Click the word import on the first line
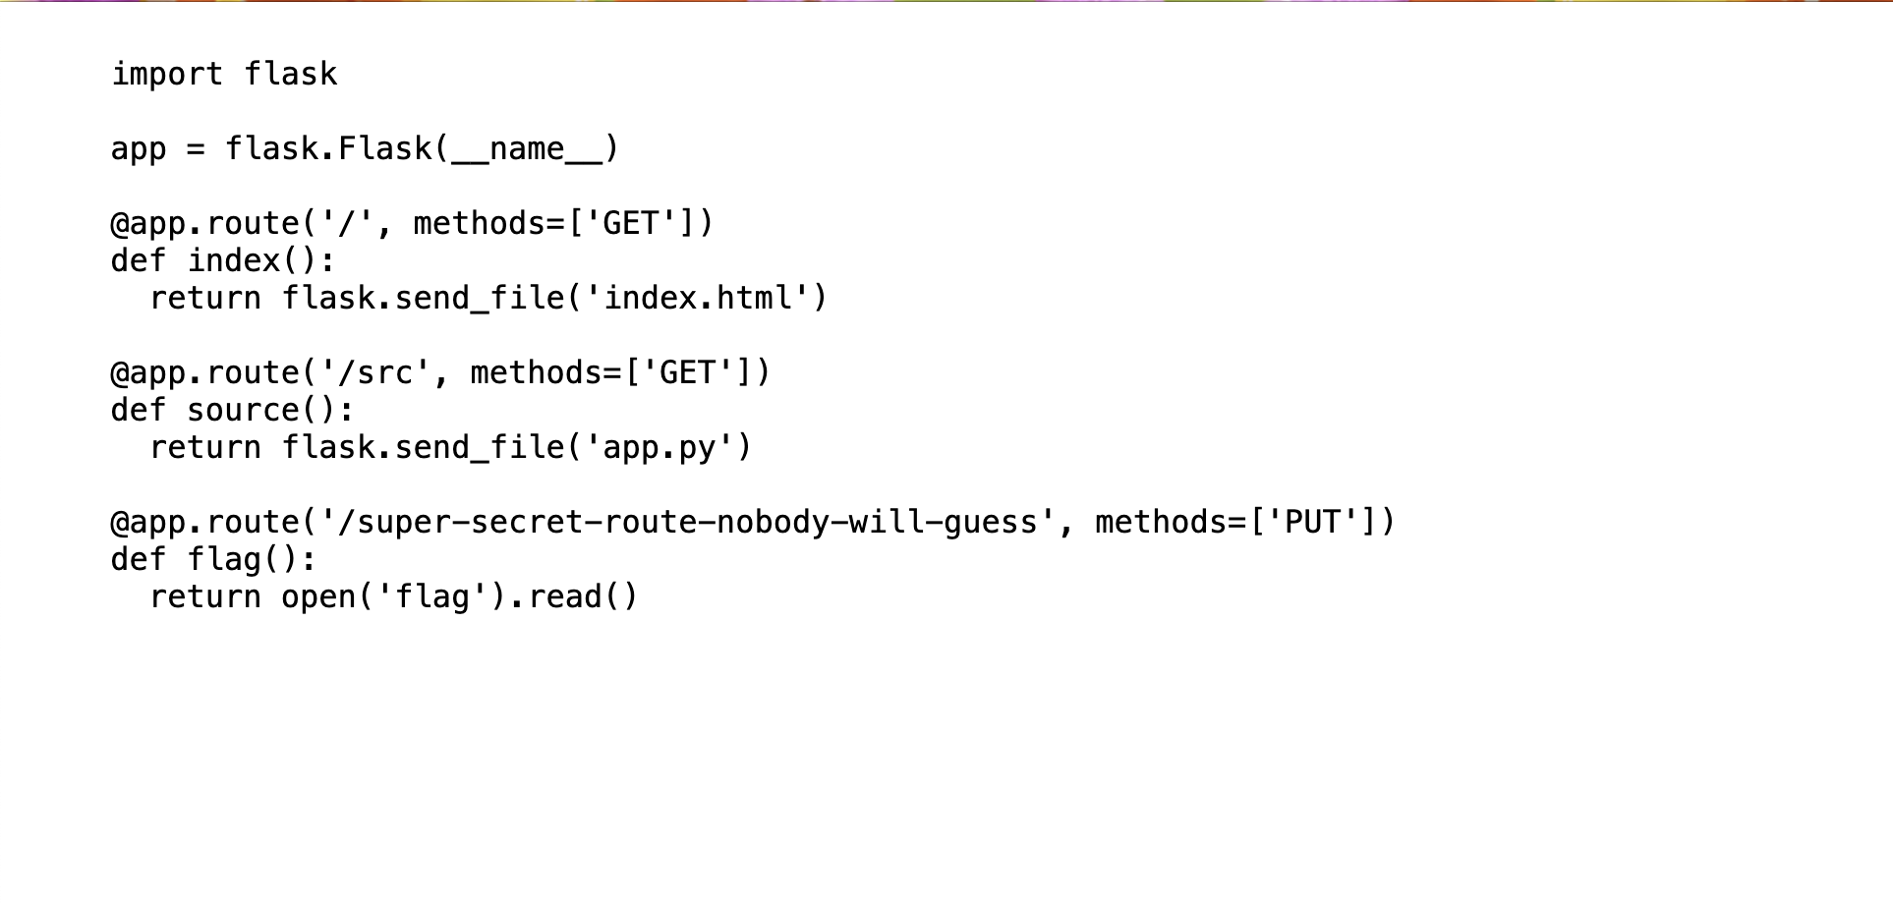coord(167,75)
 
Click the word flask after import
coord(291,74)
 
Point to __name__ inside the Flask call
coord(527,149)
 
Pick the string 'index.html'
coord(698,298)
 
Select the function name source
coord(244,411)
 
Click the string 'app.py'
coord(660,448)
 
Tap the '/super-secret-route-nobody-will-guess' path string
coord(698,522)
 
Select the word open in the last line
coord(318,597)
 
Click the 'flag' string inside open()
coord(432,597)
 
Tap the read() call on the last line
coord(584,596)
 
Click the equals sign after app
coord(196,149)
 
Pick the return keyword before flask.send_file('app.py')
coord(205,448)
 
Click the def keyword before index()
coord(139,260)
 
